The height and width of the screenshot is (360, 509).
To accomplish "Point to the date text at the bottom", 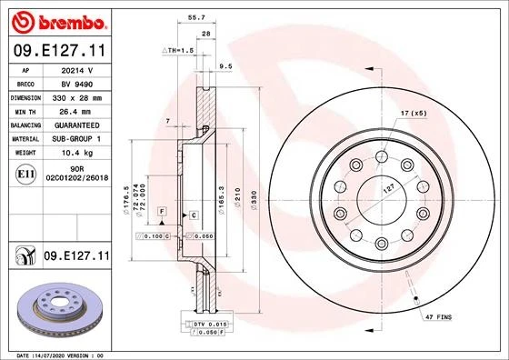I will coord(59,354).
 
